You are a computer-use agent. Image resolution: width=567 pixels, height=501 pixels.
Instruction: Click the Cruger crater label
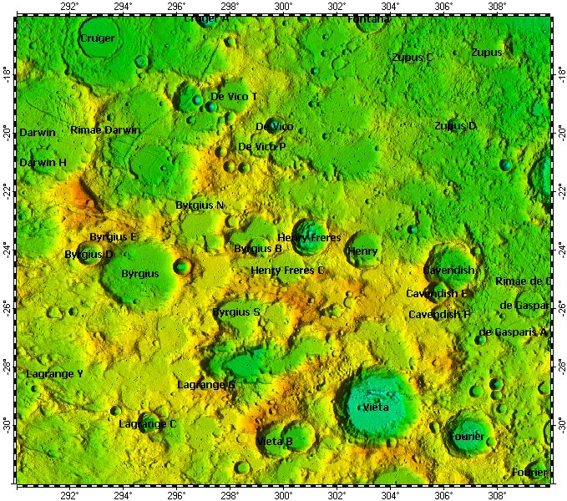(98, 38)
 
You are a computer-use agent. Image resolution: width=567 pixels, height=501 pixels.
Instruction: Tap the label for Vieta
(377, 407)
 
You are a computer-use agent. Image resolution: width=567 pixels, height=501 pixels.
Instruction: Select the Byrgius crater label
(140, 274)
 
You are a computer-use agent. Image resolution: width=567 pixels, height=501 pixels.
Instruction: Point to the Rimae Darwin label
(105, 130)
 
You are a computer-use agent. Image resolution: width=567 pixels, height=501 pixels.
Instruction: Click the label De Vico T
(234, 97)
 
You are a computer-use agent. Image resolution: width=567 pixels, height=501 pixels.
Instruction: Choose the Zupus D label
(455, 126)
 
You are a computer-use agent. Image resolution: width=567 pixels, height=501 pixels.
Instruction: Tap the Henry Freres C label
(287, 271)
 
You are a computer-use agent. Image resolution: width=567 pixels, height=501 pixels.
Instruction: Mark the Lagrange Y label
(54, 374)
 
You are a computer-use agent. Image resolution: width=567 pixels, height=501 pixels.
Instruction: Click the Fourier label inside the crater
(467, 437)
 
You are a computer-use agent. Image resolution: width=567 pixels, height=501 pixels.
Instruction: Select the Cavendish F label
(439, 315)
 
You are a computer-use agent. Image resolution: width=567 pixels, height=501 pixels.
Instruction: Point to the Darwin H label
(43, 163)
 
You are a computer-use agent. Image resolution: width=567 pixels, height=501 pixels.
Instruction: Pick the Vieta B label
(275, 441)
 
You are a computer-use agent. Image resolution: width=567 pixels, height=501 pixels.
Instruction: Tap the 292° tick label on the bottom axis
(69, 493)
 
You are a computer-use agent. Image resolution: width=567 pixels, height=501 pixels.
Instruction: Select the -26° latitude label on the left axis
(8, 307)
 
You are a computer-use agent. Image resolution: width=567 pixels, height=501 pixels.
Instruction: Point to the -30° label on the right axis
(559, 425)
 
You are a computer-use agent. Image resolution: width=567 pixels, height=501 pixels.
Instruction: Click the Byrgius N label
(200, 205)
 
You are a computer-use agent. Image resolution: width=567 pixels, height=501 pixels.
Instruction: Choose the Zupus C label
(413, 58)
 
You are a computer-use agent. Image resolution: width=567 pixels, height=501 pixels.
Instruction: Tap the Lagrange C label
(148, 424)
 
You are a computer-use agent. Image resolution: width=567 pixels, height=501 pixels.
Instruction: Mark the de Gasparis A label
(513, 332)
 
